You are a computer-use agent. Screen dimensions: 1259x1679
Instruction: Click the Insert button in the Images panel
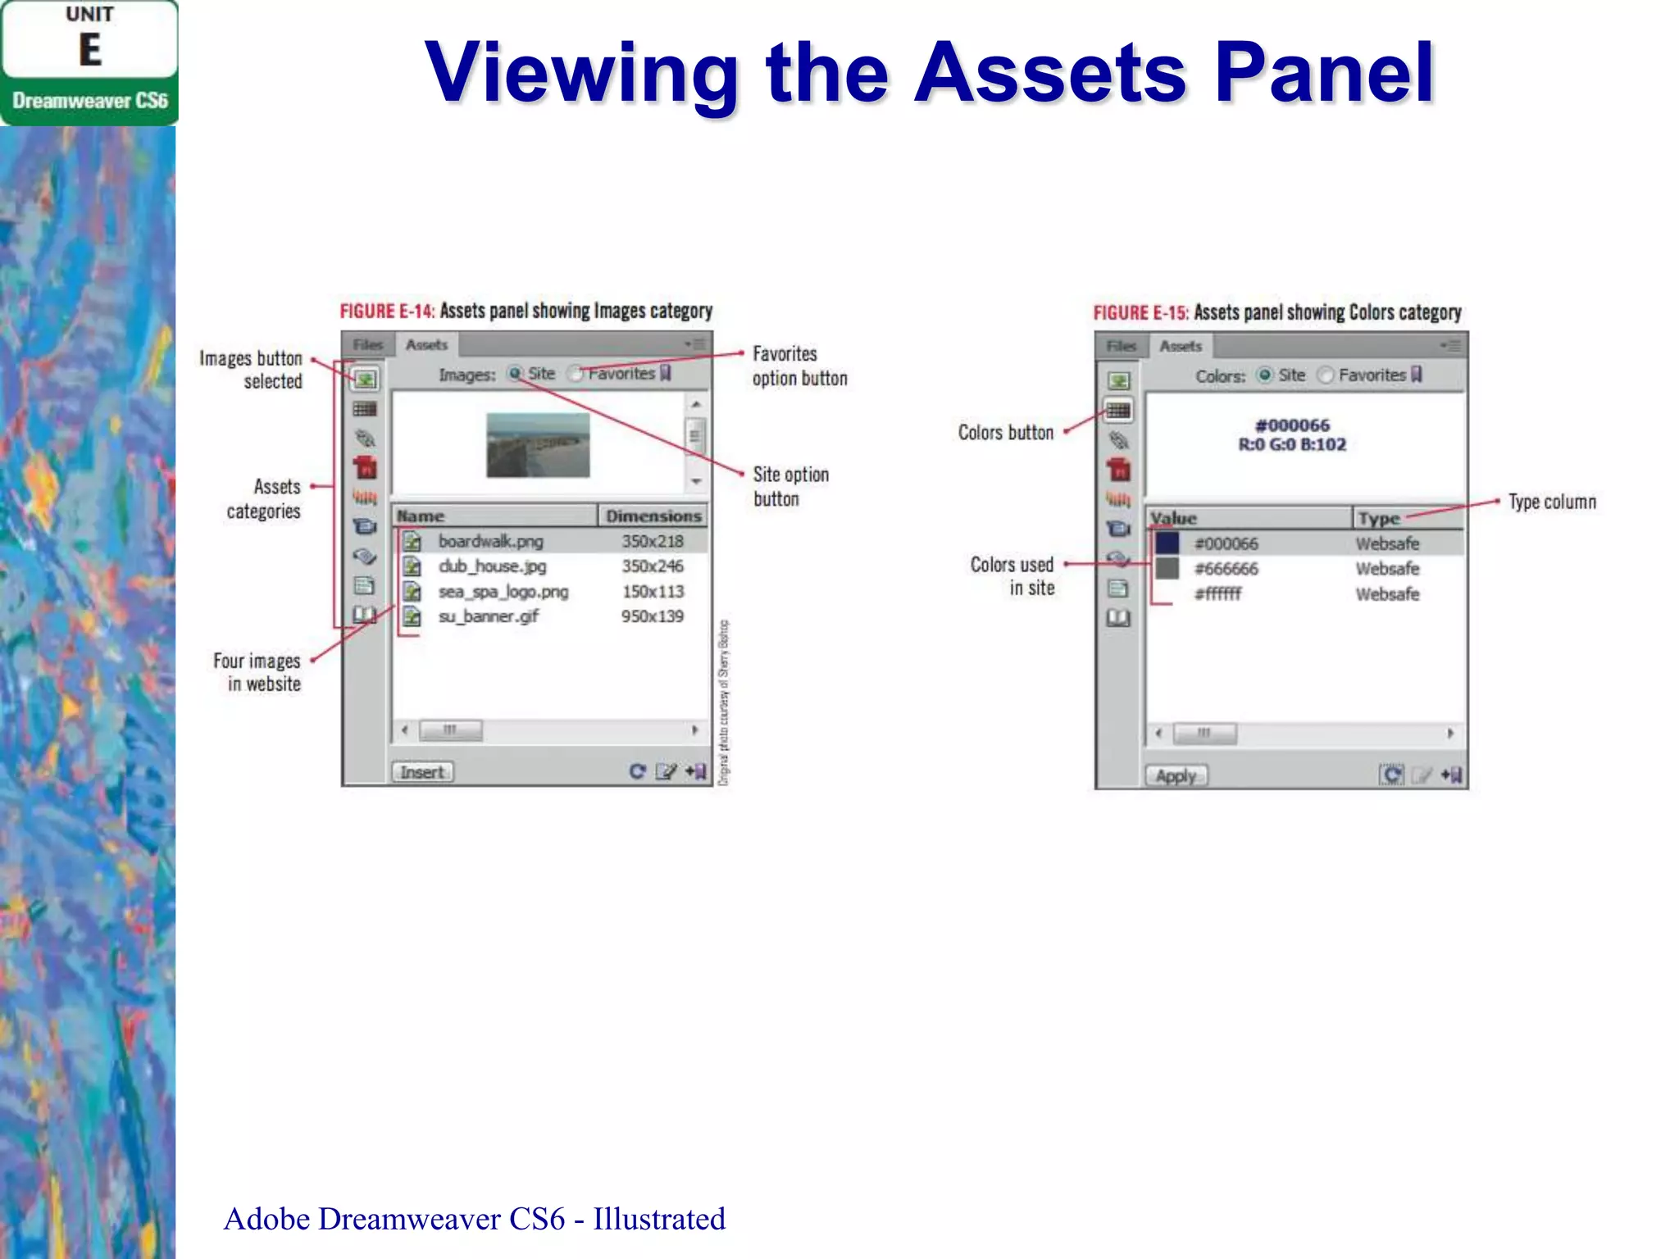click(x=422, y=772)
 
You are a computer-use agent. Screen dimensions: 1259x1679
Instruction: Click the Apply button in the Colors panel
click(x=1176, y=775)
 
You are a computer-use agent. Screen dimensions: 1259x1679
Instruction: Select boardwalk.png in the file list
click(x=490, y=541)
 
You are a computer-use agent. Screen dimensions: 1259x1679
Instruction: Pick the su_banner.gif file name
click(x=488, y=616)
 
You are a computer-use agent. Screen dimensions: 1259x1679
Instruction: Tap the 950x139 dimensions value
click(x=652, y=616)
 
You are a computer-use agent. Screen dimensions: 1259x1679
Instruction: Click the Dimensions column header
click(x=653, y=516)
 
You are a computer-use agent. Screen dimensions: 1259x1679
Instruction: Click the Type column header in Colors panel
click(x=1379, y=518)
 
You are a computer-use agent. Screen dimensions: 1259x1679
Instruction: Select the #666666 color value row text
click(x=1226, y=569)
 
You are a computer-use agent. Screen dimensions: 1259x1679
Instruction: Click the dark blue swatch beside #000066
click(x=1167, y=543)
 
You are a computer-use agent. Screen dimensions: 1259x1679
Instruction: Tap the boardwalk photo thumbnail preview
click(x=538, y=445)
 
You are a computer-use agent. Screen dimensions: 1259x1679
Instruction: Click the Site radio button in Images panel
click(x=515, y=374)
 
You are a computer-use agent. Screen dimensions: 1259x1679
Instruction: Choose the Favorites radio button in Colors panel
click(x=1325, y=375)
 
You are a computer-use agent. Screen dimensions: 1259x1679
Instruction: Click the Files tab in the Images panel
click(x=368, y=345)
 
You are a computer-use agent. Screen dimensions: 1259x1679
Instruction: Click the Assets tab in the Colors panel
click(x=1181, y=347)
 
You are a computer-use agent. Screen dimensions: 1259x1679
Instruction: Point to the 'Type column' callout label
click(x=1552, y=502)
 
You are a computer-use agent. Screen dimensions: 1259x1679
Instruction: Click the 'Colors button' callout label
click(x=1005, y=432)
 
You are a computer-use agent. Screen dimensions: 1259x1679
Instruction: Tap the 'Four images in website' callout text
click(x=257, y=672)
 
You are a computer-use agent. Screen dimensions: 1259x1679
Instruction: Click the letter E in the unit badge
click(x=90, y=50)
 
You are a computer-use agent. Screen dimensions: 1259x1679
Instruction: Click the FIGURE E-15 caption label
click(x=1140, y=312)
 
